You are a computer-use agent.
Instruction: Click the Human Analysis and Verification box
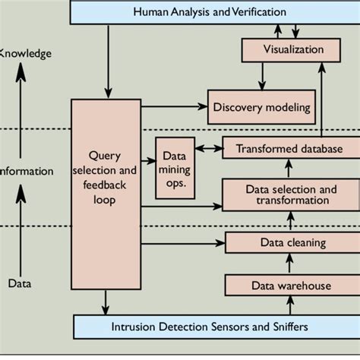point(210,12)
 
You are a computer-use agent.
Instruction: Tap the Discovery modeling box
point(261,107)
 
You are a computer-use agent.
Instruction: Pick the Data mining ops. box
point(174,168)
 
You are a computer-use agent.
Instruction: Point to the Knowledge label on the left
point(25,53)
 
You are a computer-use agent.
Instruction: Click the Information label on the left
point(27,171)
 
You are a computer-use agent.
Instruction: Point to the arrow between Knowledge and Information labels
point(21,110)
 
